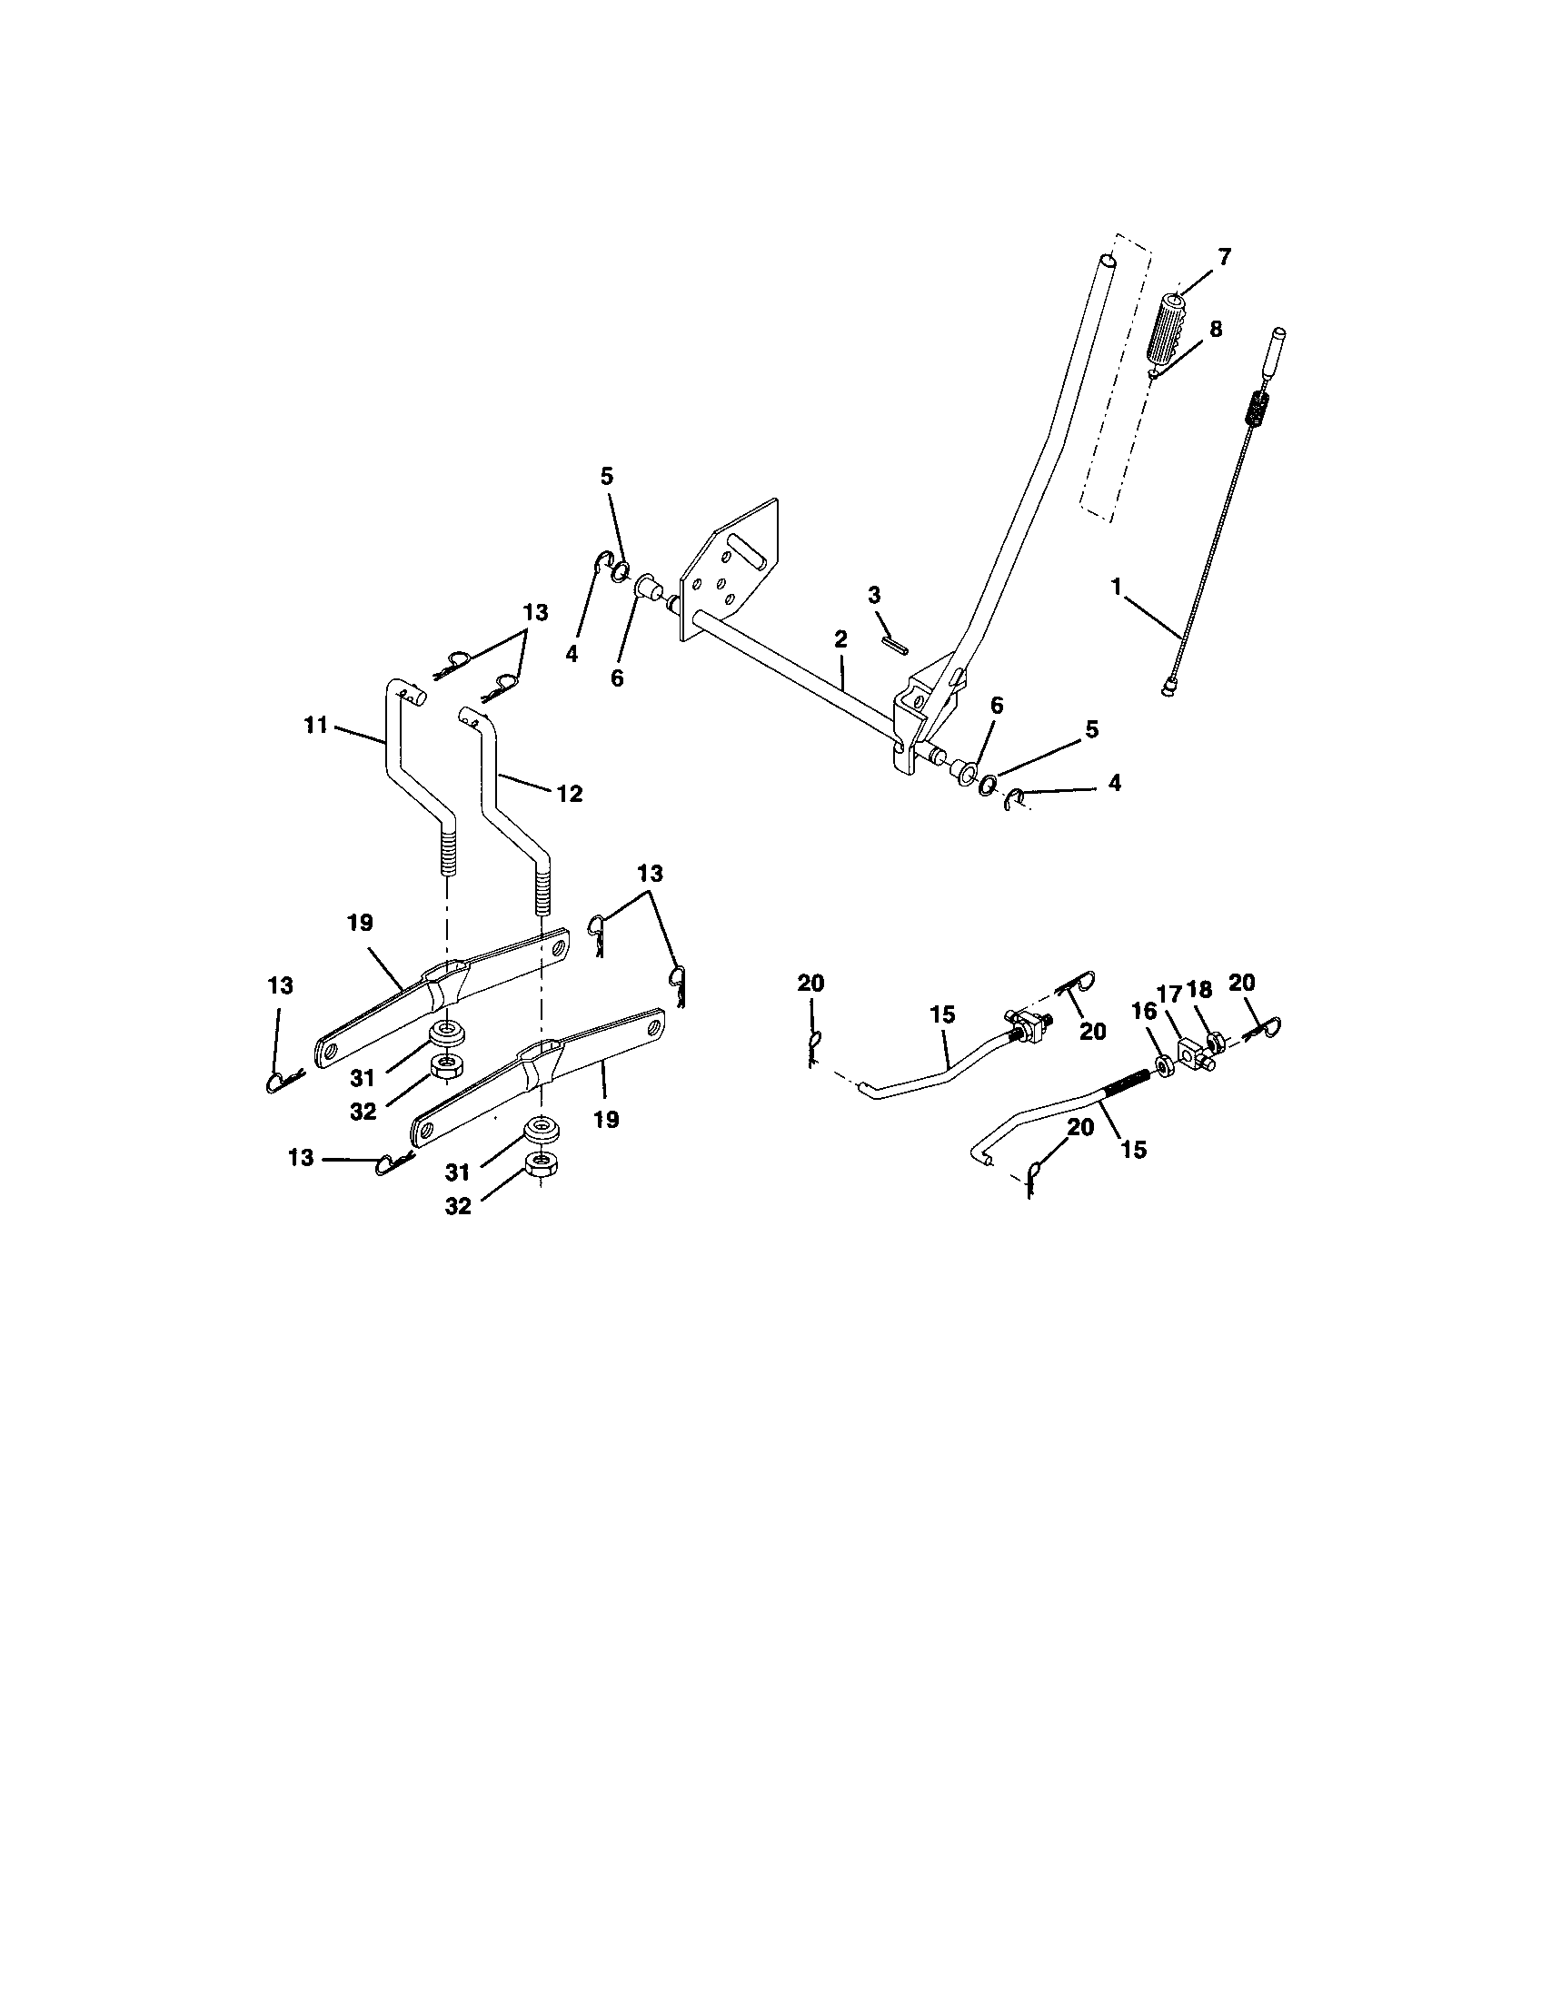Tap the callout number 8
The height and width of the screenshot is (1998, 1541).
click(x=1215, y=330)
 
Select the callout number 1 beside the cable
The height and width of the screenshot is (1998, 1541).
click(x=1117, y=588)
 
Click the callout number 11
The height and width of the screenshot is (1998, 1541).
click(x=315, y=726)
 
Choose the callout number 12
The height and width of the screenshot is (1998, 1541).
click(x=569, y=793)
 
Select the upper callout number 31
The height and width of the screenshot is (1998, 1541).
click(x=363, y=1078)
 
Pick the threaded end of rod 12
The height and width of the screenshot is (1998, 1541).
click(x=543, y=886)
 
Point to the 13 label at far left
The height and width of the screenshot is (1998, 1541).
click(x=280, y=985)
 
